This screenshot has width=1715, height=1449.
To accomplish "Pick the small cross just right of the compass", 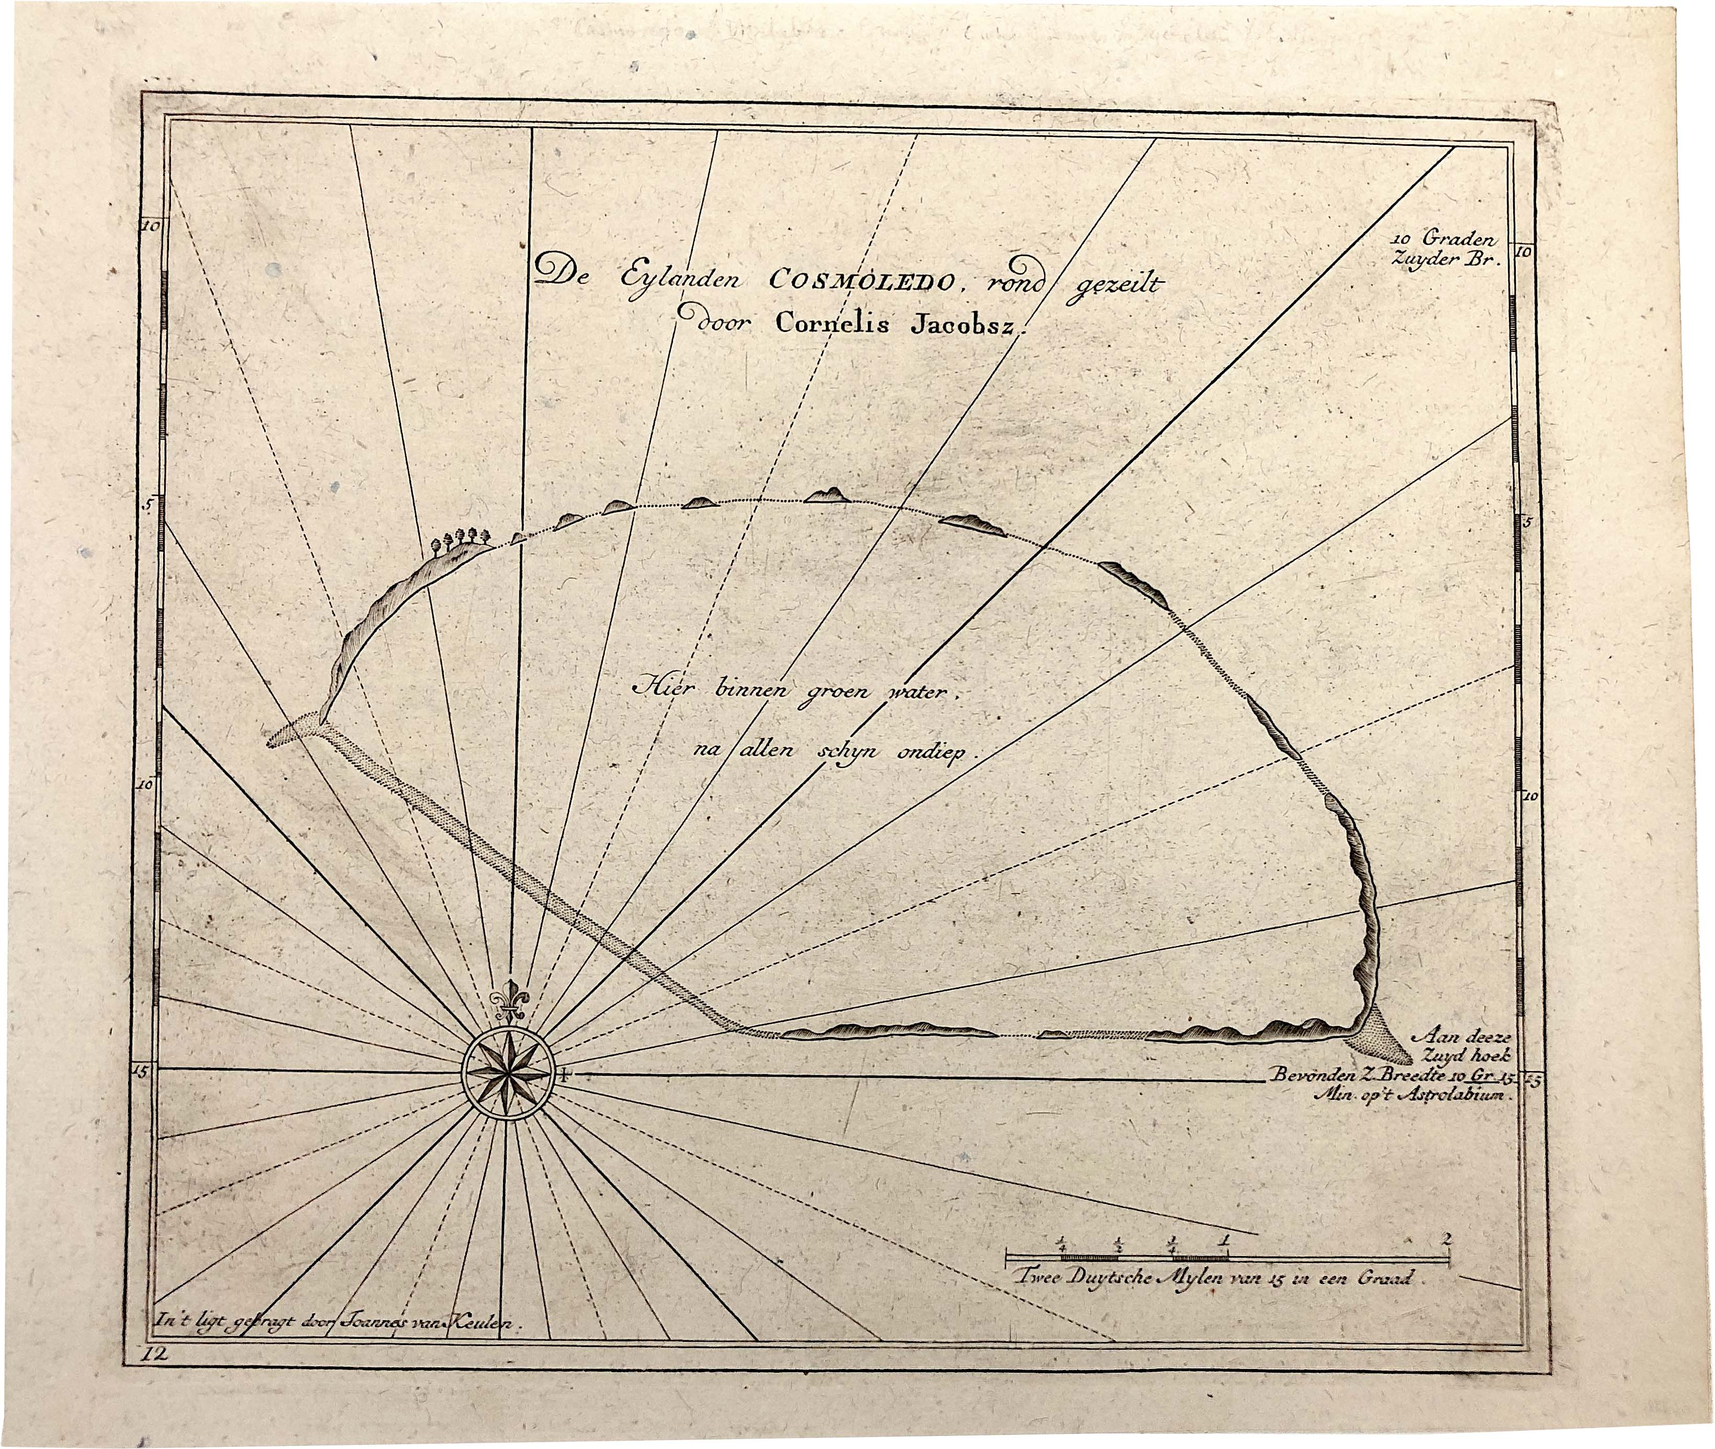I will point(564,1074).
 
